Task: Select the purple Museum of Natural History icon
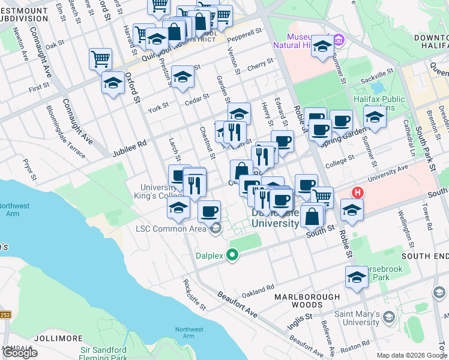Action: [x=339, y=40]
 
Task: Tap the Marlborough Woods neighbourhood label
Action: [x=303, y=301]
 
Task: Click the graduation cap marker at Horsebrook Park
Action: [x=357, y=277]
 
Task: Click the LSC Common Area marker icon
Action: [x=215, y=228]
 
